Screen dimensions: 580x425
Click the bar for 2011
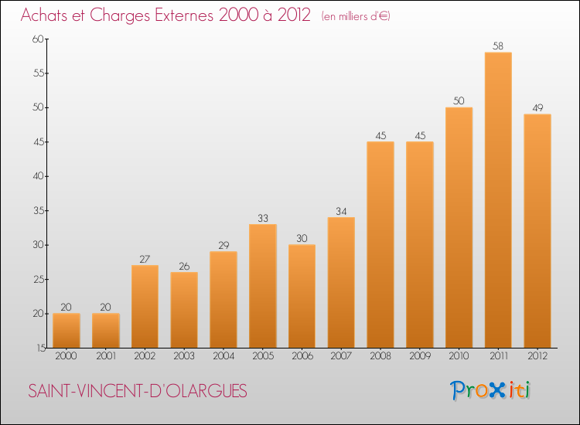click(498, 200)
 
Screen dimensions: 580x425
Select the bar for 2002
click(145, 306)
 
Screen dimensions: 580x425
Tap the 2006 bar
click(302, 296)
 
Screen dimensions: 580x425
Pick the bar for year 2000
click(67, 331)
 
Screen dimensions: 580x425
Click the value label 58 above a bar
click(498, 46)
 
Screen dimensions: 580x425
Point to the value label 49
click(537, 107)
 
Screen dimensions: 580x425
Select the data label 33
click(263, 218)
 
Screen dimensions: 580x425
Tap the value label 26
click(184, 266)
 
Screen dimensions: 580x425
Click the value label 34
click(341, 211)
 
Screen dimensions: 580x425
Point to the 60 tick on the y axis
click(38, 39)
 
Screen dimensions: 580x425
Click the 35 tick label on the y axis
click(38, 211)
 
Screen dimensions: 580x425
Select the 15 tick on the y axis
click(41, 348)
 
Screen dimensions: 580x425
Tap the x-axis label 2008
click(380, 355)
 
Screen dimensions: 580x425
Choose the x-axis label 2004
click(223, 355)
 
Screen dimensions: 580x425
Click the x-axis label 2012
click(537, 355)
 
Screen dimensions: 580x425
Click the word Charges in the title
click(120, 15)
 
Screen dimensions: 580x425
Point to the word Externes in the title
click(184, 15)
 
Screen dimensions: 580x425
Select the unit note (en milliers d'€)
click(356, 16)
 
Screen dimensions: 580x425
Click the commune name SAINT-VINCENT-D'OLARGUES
click(138, 391)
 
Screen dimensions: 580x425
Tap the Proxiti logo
click(490, 390)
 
